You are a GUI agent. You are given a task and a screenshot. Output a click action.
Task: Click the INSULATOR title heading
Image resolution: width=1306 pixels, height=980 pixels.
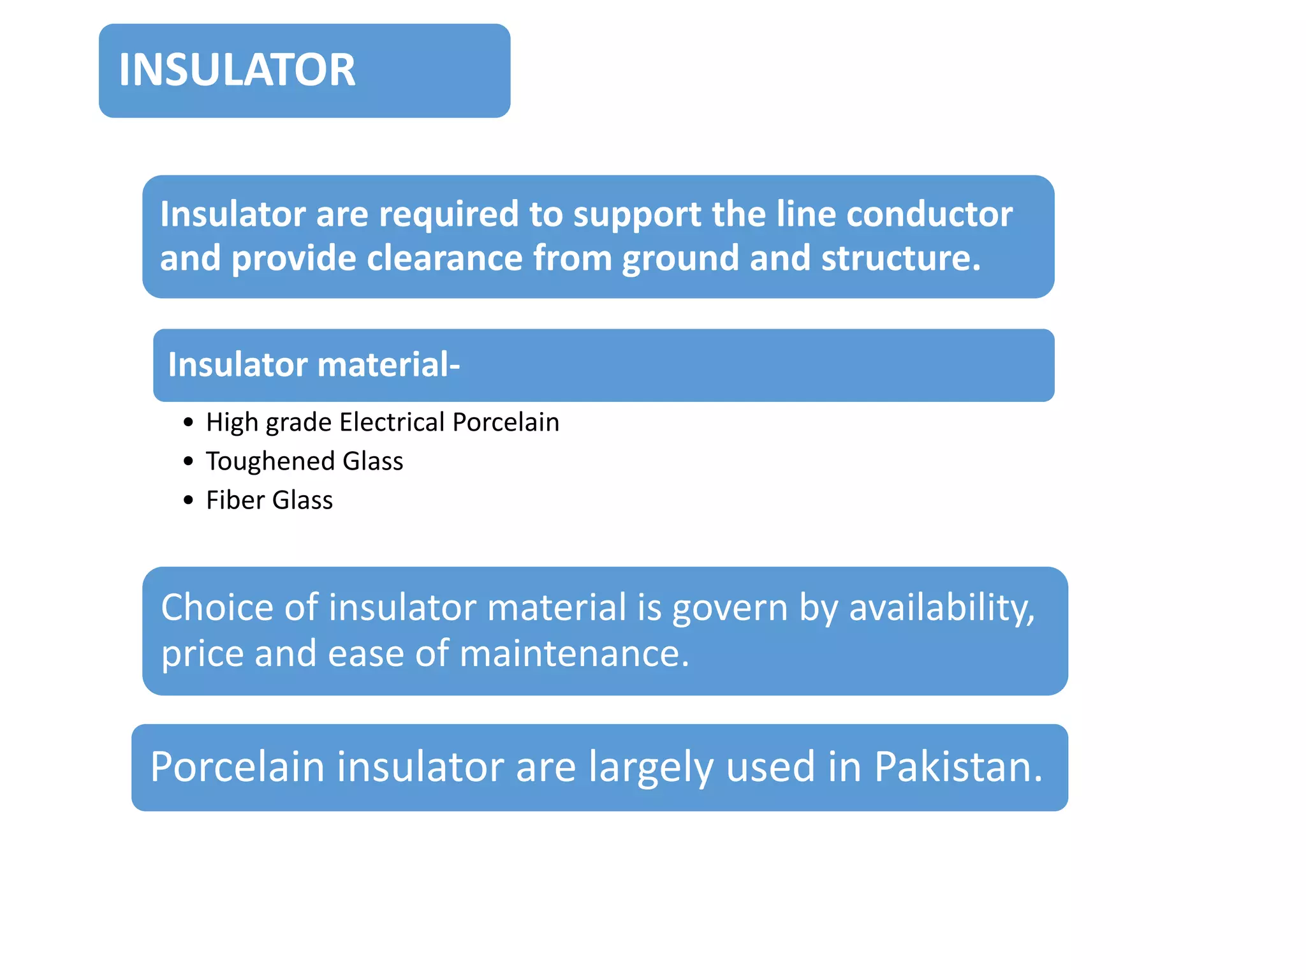coord(237,70)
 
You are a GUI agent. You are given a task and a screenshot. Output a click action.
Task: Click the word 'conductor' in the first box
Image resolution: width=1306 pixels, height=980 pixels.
coord(929,214)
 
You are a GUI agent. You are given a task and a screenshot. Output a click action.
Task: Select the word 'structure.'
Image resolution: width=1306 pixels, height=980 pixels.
coord(900,258)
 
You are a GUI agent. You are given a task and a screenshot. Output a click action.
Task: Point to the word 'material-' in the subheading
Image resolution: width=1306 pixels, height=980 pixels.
coord(388,365)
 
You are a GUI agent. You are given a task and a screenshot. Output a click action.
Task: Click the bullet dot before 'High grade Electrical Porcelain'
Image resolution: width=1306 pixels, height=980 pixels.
coord(187,422)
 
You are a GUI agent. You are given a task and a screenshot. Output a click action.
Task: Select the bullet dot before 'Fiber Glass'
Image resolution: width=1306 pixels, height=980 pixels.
coord(187,500)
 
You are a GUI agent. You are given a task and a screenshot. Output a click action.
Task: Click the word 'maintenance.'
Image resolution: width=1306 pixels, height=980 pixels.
coord(574,654)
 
